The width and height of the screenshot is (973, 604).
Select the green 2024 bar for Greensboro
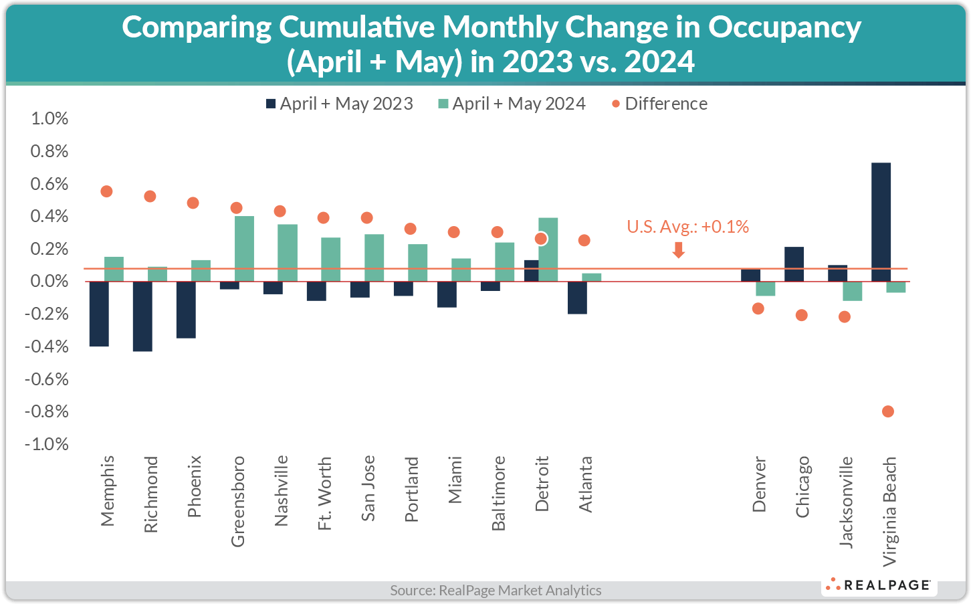pos(244,248)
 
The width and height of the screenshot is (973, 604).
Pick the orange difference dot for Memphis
pos(106,191)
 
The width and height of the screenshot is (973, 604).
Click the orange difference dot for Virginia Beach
pos(888,411)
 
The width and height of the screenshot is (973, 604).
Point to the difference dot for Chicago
pos(801,315)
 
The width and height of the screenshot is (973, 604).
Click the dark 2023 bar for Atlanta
pos(578,298)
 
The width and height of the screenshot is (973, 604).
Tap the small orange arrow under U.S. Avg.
pos(678,250)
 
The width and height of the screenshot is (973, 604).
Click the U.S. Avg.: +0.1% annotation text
pos(687,227)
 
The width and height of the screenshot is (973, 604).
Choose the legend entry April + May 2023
pos(339,104)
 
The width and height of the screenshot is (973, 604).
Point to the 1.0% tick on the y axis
pos(49,118)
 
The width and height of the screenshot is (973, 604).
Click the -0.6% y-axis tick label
pos(47,379)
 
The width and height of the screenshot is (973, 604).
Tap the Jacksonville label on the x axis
pos(846,502)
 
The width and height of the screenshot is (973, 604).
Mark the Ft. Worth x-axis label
pos(324,493)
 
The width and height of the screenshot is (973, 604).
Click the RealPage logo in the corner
pos(879,585)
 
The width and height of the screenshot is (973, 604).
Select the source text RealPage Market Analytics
pos(496,590)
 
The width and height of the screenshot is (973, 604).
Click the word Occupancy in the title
pos(784,27)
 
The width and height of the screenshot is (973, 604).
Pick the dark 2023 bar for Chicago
pos(794,264)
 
